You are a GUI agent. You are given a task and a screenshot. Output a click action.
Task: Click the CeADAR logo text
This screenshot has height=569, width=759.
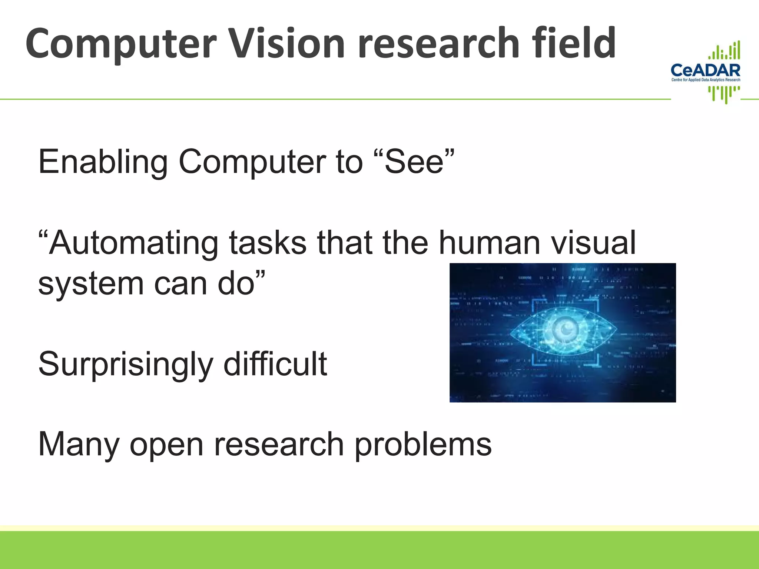coord(706,70)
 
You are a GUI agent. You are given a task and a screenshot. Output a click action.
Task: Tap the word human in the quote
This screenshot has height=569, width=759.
coord(489,243)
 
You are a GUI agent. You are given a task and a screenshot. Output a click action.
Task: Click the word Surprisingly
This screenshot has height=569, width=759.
coord(125,365)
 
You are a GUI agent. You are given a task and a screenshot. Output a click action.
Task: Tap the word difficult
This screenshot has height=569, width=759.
coord(275,364)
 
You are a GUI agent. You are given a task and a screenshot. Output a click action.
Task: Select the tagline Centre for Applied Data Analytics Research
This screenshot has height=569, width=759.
coord(706,80)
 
